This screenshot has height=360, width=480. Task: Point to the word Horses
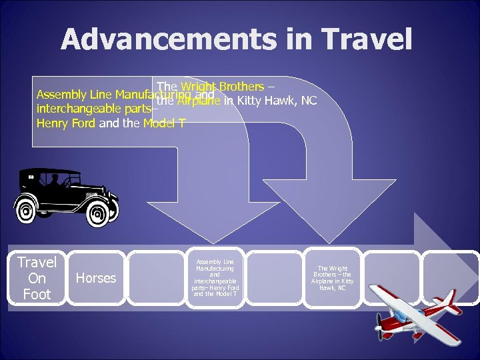(96, 278)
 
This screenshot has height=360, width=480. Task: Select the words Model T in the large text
(164, 123)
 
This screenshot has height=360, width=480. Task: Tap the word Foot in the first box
(37, 294)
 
